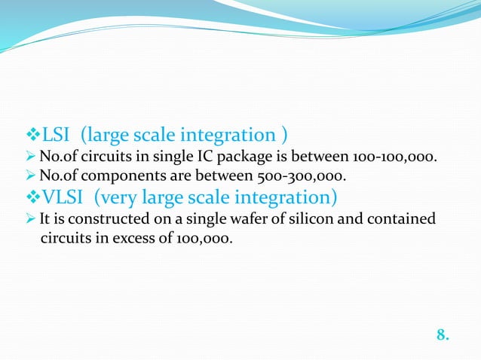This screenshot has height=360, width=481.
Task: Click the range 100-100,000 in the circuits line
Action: (394, 157)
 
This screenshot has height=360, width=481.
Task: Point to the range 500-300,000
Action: (305, 178)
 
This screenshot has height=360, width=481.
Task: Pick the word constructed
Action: (94, 220)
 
